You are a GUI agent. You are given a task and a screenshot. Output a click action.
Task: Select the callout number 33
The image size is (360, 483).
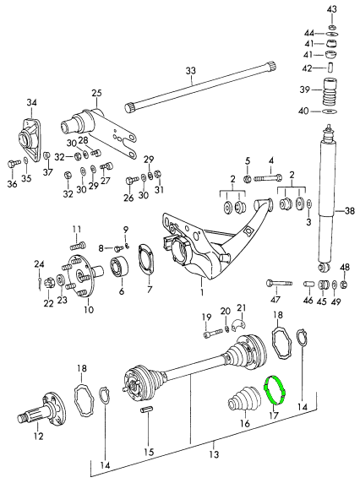(x=190, y=70)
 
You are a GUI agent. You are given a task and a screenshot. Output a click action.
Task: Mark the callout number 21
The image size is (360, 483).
(x=241, y=307)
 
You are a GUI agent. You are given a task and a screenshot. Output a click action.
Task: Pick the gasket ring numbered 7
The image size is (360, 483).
(x=145, y=258)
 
